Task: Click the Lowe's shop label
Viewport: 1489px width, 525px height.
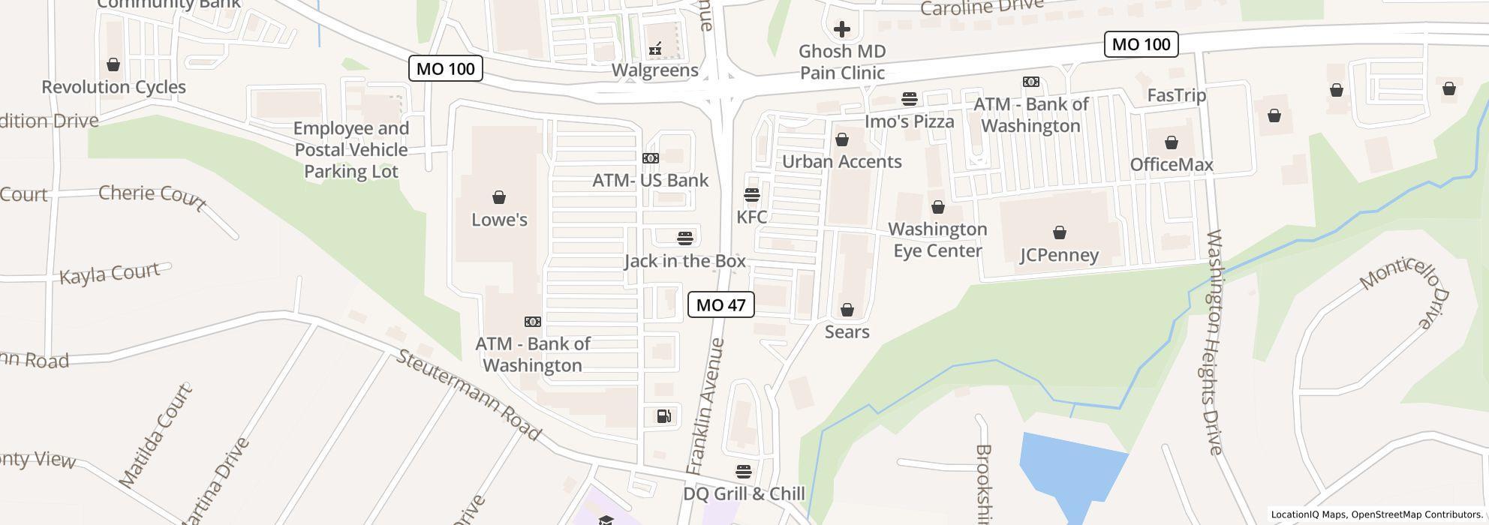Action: click(x=499, y=220)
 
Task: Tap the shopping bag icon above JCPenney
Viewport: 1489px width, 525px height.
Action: click(x=1059, y=232)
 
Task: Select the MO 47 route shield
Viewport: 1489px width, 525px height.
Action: click(x=720, y=304)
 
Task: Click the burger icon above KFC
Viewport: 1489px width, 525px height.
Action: click(x=751, y=195)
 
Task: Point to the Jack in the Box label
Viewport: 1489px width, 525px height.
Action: click(x=684, y=261)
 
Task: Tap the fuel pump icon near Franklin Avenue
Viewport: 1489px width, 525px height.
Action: click(x=664, y=416)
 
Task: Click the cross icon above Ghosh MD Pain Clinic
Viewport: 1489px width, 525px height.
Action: click(x=841, y=29)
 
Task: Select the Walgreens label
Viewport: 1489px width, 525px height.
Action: click(x=654, y=70)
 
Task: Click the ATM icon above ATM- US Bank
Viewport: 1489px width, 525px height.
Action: click(x=650, y=157)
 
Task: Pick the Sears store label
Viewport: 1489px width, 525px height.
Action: click(x=847, y=331)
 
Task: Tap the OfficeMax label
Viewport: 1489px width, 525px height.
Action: click(x=1171, y=164)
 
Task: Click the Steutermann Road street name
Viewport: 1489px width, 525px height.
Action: click(x=468, y=394)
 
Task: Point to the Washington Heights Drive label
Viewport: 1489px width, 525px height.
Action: click(x=1214, y=342)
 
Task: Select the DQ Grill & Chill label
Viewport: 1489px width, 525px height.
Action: click(x=743, y=493)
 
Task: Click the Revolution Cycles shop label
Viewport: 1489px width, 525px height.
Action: click(x=113, y=87)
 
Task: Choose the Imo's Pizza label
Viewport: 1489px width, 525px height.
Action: click(x=909, y=121)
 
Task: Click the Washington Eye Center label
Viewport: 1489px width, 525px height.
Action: click(x=937, y=240)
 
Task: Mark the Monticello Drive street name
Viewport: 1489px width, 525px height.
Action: click(x=1405, y=289)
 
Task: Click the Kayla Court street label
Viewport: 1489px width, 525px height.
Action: click(x=110, y=274)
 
